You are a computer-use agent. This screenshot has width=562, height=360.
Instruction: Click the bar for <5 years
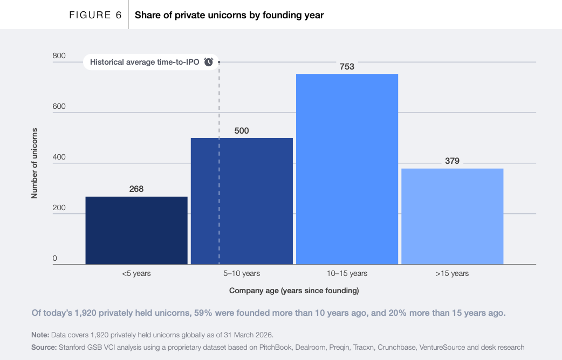(x=136, y=230)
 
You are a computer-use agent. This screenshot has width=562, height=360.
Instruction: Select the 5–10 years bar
(x=242, y=201)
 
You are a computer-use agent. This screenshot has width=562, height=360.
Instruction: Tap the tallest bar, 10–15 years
(x=347, y=169)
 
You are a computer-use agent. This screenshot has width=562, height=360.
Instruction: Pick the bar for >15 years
(x=453, y=216)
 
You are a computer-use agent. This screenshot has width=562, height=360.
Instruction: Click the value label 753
(x=347, y=67)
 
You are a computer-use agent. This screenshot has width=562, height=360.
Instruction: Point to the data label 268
(x=136, y=189)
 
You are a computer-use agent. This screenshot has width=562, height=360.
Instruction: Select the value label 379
(x=453, y=161)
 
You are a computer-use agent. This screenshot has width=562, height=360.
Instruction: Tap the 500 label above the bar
(x=242, y=131)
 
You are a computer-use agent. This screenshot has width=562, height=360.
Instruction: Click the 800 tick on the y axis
(x=59, y=56)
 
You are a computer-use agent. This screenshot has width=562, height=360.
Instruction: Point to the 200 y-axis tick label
(x=59, y=207)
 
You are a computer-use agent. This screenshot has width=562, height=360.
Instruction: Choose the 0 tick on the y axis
(x=54, y=258)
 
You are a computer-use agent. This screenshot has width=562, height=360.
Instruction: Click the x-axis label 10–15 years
(x=347, y=273)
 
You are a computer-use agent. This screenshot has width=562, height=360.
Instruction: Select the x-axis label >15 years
(x=453, y=273)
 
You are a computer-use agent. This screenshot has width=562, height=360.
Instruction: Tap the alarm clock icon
(x=209, y=62)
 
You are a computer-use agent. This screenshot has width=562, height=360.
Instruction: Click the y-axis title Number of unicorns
(x=35, y=163)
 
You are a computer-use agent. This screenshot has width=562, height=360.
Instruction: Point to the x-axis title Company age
(x=294, y=290)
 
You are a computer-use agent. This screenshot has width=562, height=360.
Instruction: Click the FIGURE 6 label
(x=95, y=15)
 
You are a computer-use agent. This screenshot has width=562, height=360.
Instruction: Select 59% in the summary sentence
(x=203, y=313)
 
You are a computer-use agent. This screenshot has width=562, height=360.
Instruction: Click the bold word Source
(x=44, y=347)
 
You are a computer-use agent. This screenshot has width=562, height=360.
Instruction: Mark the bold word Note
(x=40, y=335)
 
